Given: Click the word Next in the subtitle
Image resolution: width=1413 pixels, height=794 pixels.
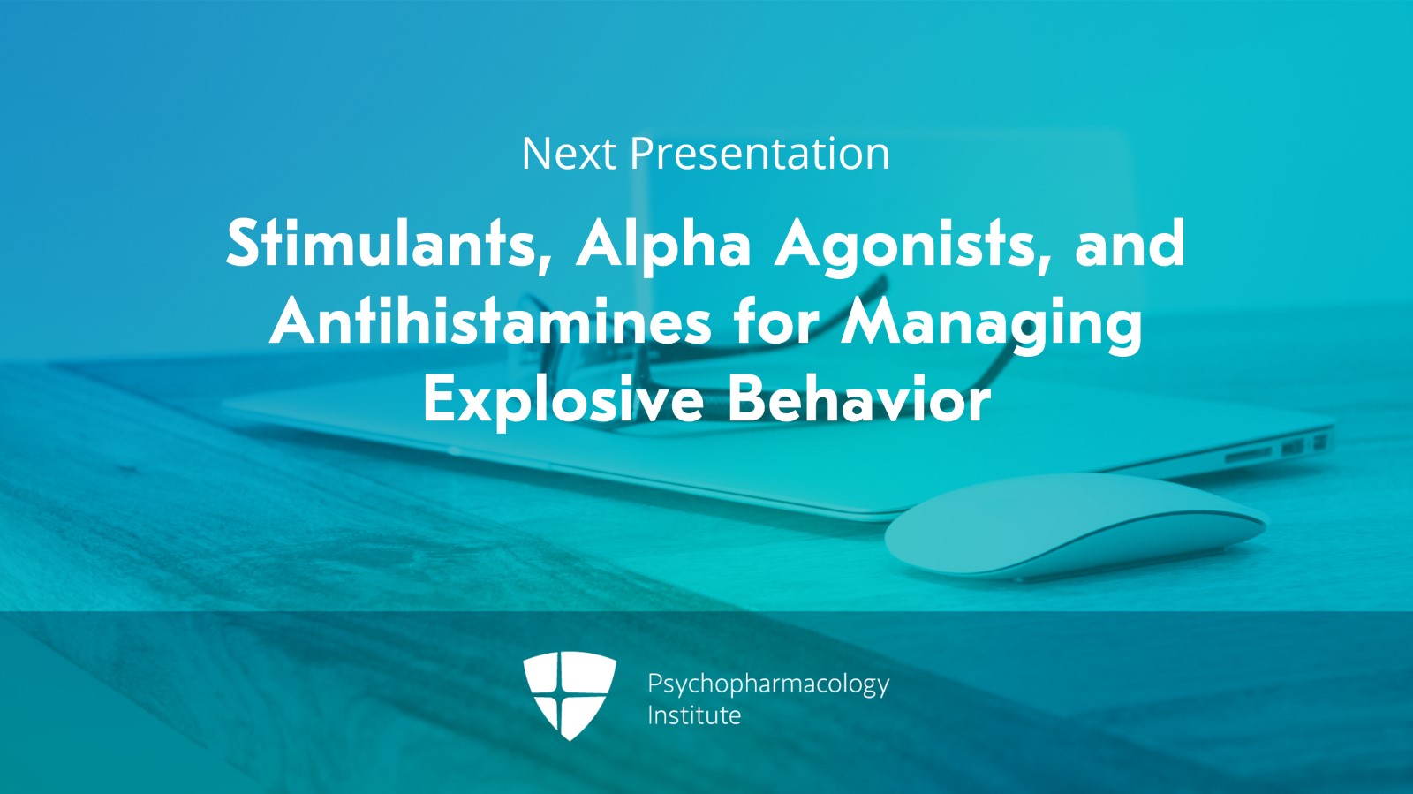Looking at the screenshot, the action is (569, 154).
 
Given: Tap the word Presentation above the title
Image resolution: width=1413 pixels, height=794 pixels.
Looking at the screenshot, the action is (760, 154).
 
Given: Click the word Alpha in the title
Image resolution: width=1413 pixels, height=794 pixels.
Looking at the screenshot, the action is (663, 246).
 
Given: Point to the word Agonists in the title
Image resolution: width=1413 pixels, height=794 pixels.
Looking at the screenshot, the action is (908, 246).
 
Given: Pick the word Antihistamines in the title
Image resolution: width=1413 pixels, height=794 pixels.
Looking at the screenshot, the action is (490, 321).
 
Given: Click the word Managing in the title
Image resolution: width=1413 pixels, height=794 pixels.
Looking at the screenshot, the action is (992, 324).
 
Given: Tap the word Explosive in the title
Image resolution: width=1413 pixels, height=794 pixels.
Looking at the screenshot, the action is (564, 400).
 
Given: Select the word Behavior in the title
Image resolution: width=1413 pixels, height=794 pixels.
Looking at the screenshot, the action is (859, 398).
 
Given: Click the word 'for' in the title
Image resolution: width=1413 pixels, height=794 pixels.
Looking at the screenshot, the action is (776, 321).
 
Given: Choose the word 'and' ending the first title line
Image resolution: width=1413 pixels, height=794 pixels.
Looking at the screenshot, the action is (1130, 243).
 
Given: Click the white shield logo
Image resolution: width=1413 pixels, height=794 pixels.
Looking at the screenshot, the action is (570, 695).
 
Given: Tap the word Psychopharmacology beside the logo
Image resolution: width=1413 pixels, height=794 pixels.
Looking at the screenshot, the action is (768, 684).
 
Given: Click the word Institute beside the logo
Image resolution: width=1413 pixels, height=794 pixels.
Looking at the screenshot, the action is (694, 715).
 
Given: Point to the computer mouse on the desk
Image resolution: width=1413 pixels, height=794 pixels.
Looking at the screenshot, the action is (1075, 526).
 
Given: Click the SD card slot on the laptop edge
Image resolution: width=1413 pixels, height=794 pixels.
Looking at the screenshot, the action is (1249, 454).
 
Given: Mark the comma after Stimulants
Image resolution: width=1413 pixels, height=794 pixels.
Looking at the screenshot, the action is (544, 266).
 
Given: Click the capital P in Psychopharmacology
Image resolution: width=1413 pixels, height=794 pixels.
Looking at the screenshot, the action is (655, 683).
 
